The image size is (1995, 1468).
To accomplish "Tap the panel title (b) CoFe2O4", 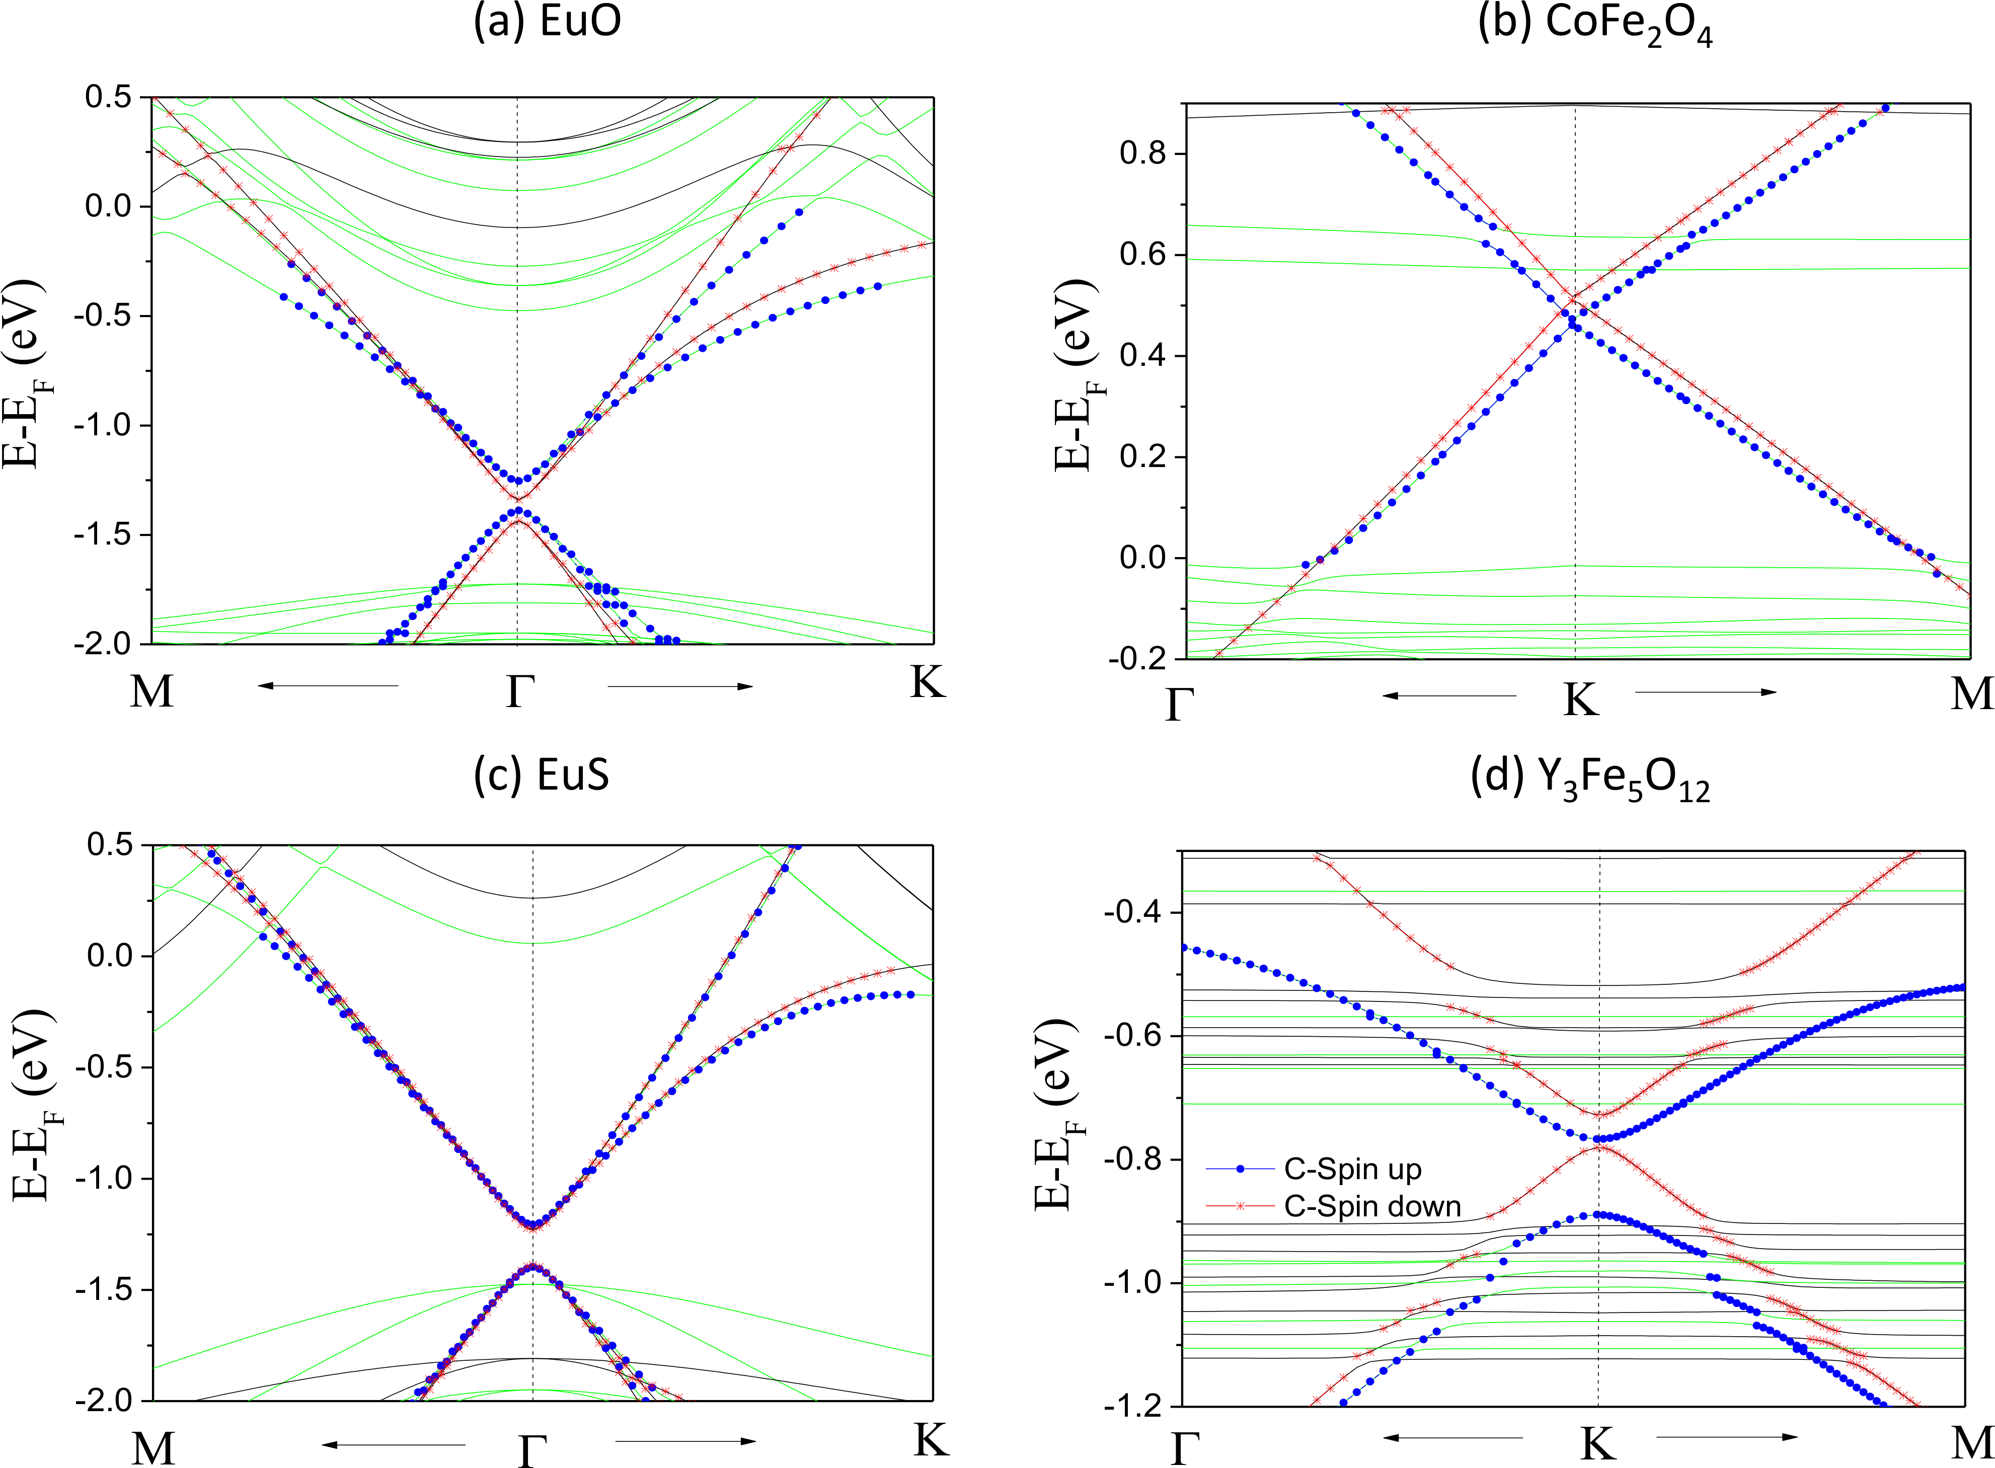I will point(1594,25).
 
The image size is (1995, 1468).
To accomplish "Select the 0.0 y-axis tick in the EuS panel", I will point(110,956).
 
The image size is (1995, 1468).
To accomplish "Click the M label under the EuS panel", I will point(153,1448).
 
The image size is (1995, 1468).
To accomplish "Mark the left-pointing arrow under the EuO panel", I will point(328,685).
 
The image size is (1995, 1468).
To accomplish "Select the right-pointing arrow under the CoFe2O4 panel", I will point(1706,692).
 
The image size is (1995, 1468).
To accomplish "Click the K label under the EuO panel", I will point(928,682).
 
